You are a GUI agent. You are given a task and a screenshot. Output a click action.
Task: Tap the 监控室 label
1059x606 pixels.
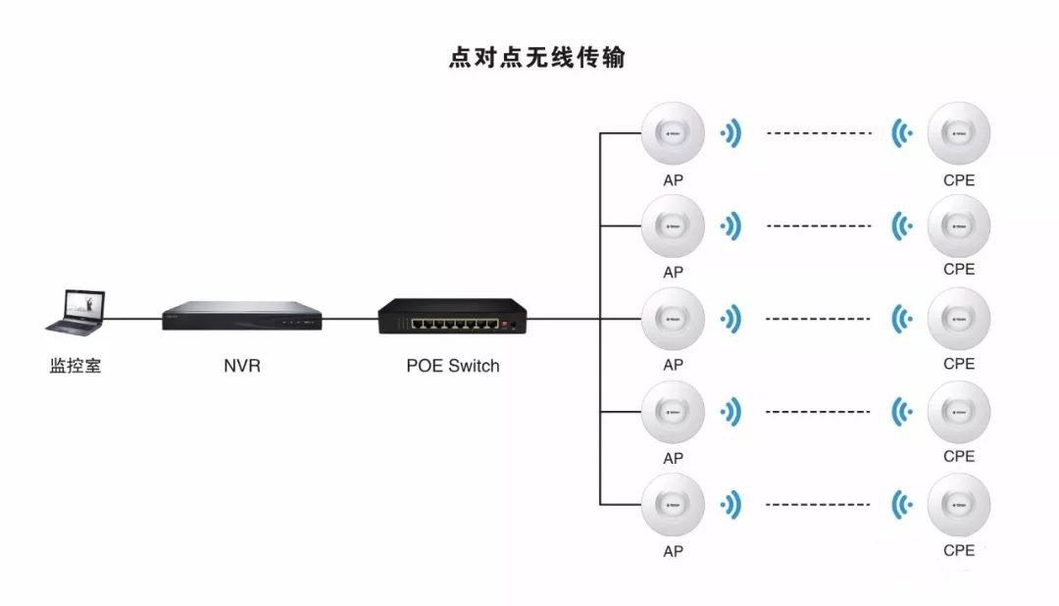click(76, 367)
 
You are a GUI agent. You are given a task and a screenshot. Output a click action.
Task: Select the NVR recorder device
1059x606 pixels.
click(242, 318)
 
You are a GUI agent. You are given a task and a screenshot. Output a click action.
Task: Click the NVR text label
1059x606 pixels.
click(242, 367)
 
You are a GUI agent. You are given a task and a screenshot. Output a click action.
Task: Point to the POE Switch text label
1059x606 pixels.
click(452, 367)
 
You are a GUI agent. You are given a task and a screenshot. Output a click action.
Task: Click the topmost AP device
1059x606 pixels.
click(673, 134)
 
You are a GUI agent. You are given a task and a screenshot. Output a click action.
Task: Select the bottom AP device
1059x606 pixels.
click(673, 505)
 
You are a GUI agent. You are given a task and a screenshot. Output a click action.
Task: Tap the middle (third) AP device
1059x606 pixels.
click(673, 320)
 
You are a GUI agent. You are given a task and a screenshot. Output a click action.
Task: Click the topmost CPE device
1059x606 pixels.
click(958, 134)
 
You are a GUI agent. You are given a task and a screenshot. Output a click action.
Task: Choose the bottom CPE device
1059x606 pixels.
click(958, 505)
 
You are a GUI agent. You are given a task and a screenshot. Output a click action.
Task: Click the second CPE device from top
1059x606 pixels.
click(958, 227)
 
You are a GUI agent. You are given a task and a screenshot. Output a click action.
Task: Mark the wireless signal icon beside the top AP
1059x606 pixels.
click(730, 133)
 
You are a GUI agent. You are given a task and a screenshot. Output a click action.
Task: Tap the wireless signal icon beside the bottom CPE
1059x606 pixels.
click(901, 505)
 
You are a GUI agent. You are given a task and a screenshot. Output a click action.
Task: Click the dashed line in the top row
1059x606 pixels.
click(818, 133)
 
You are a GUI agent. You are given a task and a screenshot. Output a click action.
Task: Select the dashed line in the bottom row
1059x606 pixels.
click(818, 505)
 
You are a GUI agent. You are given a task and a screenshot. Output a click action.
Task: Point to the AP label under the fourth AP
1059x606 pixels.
click(673, 458)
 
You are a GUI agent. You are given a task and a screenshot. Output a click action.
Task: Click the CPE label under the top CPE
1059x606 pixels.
click(958, 180)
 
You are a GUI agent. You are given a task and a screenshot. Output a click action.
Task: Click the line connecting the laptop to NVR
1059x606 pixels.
click(134, 319)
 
